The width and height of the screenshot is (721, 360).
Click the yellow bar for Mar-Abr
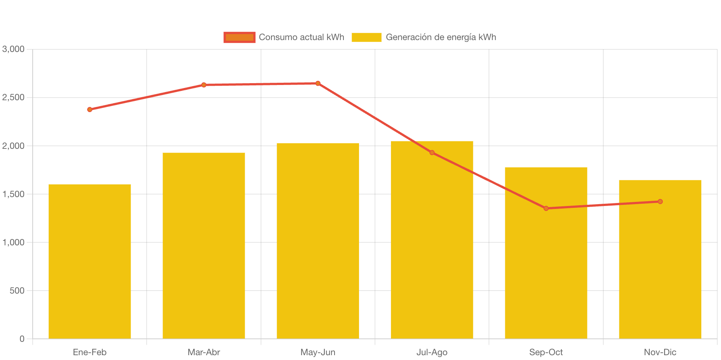pyautogui.click(x=203, y=245)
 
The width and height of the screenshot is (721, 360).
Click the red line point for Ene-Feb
pyautogui.click(x=89, y=109)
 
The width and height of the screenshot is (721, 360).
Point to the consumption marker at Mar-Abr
pyautogui.click(x=203, y=85)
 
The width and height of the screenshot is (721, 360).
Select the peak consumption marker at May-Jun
pyautogui.click(x=318, y=84)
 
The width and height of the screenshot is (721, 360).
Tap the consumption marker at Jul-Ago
pyautogui.click(x=432, y=153)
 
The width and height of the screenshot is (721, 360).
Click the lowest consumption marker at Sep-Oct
pyautogui.click(x=546, y=209)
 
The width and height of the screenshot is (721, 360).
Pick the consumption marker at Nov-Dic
pyautogui.click(x=660, y=202)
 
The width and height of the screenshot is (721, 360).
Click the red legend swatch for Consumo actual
pyautogui.click(x=239, y=37)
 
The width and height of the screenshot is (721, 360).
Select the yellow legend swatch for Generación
pyautogui.click(x=366, y=37)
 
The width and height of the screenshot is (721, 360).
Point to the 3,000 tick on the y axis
pyautogui.click(x=13, y=49)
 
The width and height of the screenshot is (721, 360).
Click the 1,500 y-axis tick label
pyautogui.click(x=13, y=194)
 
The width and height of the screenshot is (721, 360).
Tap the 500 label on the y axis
pyautogui.click(x=17, y=291)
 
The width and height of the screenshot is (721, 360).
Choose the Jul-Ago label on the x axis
pyautogui.click(x=432, y=352)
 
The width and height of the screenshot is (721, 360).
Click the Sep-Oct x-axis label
pyautogui.click(x=546, y=352)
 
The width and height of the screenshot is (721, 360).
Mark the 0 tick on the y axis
pyautogui.click(x=22, y=339)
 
